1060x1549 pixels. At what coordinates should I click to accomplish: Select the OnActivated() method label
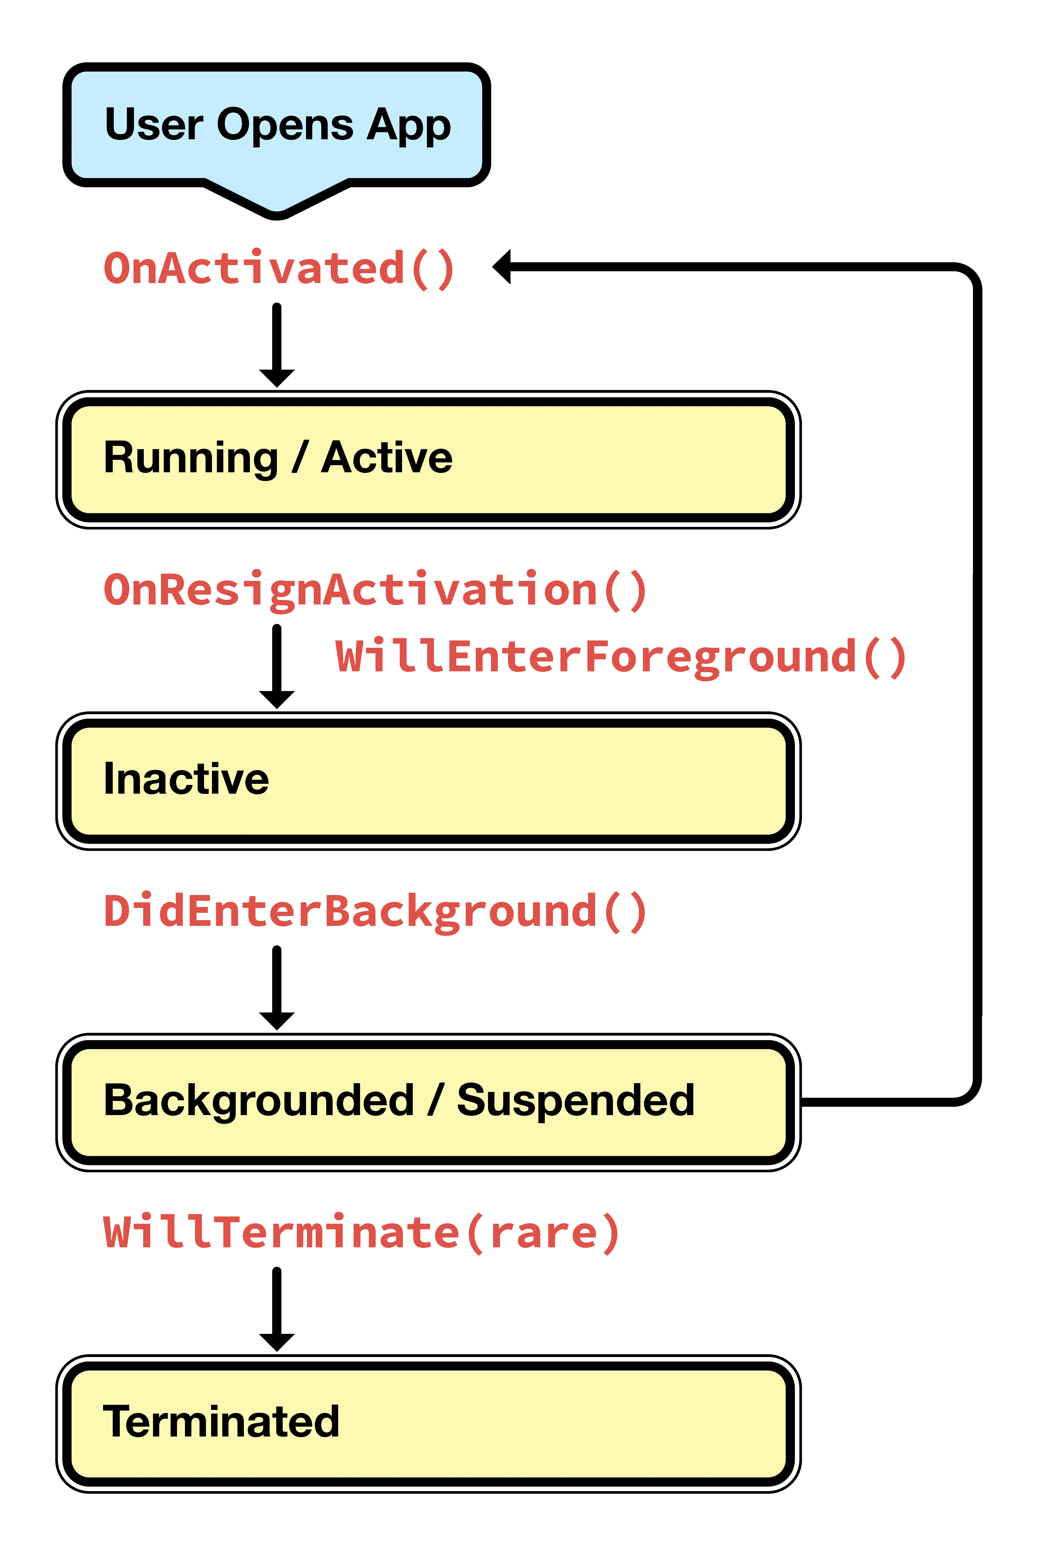coord(279,268)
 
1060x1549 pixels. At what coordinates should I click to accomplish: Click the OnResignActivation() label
coord(375,590)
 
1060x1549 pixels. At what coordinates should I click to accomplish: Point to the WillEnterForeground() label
coord(620,657)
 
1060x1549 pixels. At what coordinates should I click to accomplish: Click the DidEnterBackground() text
coord(375,911)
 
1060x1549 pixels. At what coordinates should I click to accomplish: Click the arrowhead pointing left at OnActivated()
coord(503,267)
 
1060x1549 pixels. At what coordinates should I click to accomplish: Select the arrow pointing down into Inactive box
coord(277,667)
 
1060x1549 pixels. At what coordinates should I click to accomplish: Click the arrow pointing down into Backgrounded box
coord(277,988)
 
